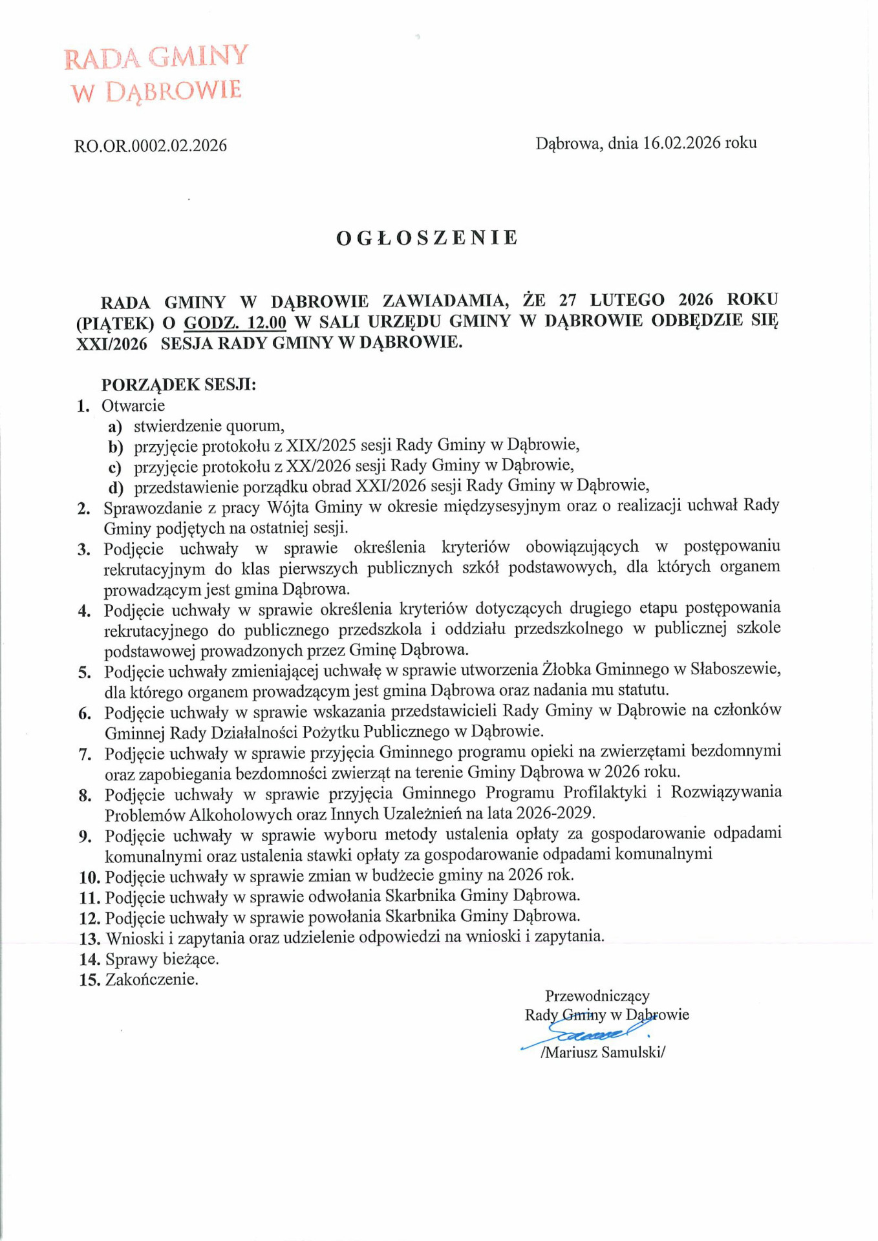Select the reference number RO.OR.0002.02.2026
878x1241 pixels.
tap(151, 145)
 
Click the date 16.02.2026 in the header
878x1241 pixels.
tap(681, 143)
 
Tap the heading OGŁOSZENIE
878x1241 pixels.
tap(427, 238)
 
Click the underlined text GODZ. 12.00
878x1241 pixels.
tap(235, 322)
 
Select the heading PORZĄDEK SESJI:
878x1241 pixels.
tap(178, 385)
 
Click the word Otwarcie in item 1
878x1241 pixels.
tap(133, 406)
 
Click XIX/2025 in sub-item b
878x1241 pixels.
tap(321, 445)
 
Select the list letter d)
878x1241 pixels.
tap(116, 487)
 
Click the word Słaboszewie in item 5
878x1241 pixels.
tap(735, 669)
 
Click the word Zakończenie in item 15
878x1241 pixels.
tap(151, 979)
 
